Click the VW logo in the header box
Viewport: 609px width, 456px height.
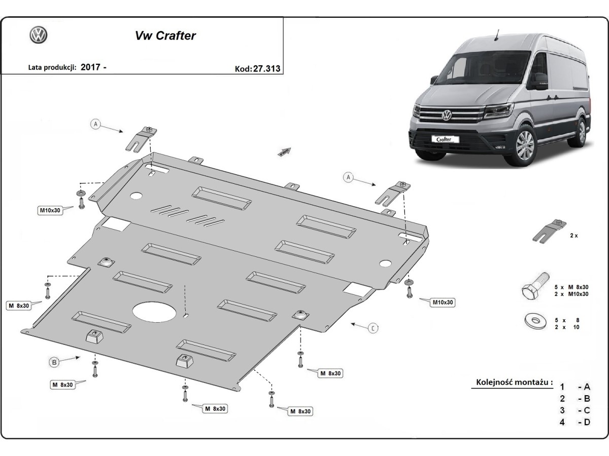point(39,35)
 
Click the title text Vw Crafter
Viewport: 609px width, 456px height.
point(165,36)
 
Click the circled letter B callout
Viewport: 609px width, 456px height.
point(54,362)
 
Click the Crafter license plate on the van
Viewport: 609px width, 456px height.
point(445,139)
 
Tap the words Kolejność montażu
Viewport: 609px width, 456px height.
point(514,383)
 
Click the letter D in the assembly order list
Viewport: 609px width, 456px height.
point(587,423)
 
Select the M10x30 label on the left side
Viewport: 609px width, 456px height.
point(50,210)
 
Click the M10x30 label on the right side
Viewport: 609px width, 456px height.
point(443,302)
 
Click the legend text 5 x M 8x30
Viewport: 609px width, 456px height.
point(571,287)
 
